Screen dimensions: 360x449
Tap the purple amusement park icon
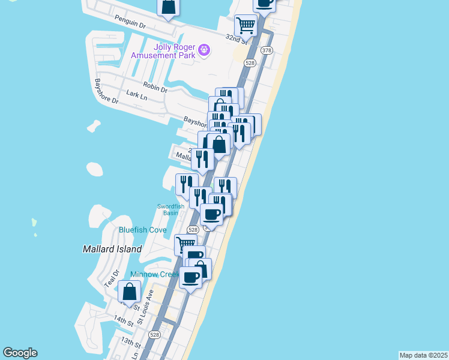click(204, 49)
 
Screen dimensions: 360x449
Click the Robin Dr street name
click(155, 87)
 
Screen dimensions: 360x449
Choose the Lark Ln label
click(137, 94)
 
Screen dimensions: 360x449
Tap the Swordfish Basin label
click(171, 209)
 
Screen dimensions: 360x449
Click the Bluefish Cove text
click(142, 230)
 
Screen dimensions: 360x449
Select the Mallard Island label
click(112, 248)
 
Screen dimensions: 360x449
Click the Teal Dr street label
click(109, 277)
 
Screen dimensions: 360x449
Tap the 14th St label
click(124, 322)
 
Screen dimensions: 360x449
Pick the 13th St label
click(130, 343)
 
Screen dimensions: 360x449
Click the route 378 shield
click(267, 50)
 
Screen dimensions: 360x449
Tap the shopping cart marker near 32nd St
click(246, 25)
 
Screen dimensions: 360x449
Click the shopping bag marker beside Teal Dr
click(129, 292)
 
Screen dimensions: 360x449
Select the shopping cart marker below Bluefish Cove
click(185, 244)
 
